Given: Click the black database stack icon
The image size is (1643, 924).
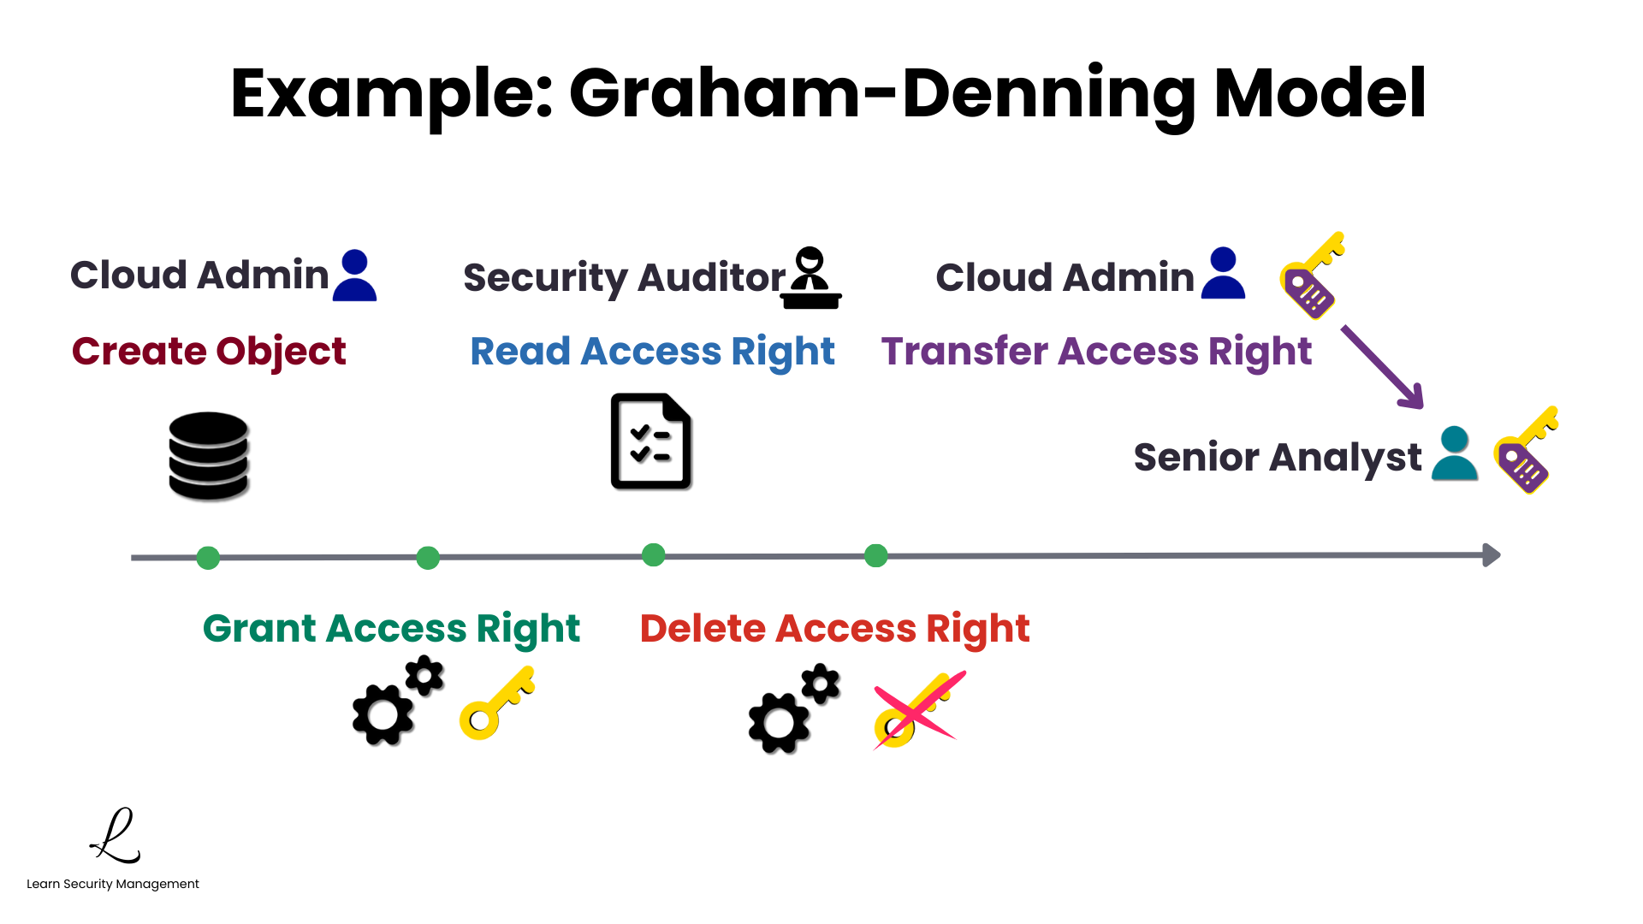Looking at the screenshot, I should point(209,455).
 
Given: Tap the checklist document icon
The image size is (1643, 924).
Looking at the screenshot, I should point(650,441).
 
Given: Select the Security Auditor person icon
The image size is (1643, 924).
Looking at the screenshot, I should point(811,278).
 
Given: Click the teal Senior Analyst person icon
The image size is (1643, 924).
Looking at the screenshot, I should point(1454,454).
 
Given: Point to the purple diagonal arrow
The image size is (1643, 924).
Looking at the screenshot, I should point(1382,366).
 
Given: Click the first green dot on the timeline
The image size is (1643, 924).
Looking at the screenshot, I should point(208,558).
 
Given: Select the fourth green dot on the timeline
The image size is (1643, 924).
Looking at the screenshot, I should point(875,556).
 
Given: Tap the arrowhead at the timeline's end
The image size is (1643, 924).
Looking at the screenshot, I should point(1491,555).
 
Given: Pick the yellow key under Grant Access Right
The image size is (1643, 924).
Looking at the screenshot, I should point(496,704).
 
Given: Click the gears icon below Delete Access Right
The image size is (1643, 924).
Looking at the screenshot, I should point(792,709).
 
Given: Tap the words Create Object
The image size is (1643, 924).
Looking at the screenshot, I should point(209,351).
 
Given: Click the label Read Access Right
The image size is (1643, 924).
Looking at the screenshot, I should point(652,352).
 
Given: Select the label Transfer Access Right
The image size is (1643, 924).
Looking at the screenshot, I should point(1096,352).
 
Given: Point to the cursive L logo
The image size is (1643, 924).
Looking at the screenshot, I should point(116,836).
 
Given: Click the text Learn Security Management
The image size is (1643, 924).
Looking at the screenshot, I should point(113,884).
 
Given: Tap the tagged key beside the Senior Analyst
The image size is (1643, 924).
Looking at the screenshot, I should point(1525,451).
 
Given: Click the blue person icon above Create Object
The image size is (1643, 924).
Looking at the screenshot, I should point(354,275).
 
